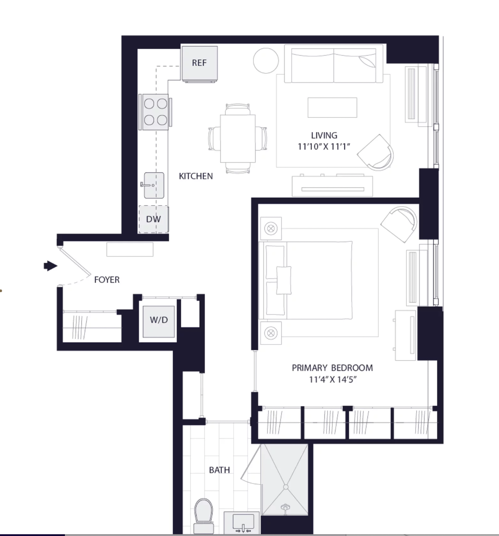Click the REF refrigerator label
coord(199,63)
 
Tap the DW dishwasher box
coord(153,219)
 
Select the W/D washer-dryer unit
coord(159,322)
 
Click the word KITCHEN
coord(196,176)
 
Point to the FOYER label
coord(107,279)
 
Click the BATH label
coord(219,470)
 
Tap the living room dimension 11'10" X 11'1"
coord(324,147)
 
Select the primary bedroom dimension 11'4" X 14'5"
coord(332,379)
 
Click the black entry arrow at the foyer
coord(50,266)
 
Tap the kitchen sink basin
coord(154,186)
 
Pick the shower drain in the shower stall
coord(286,487)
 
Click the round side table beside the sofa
coord(266,61)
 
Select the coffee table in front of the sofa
coord(332,107)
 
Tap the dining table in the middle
coord(238,139)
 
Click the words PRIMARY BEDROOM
coord(332,368)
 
